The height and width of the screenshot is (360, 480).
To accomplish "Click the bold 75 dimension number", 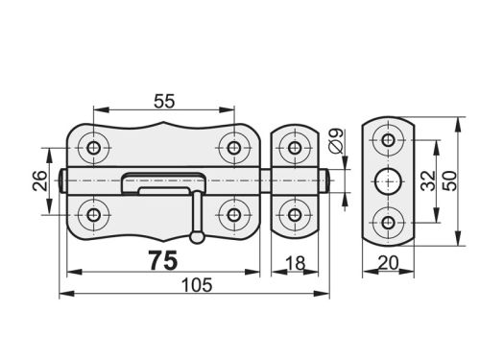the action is coord(163,260).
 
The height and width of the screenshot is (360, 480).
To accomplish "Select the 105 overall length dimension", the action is coord(197,285).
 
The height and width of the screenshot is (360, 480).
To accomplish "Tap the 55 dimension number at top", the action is coord(164,101).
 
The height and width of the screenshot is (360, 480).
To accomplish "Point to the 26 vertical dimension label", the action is coord(40,180).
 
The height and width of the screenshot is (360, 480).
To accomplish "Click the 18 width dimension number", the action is coord(295,263).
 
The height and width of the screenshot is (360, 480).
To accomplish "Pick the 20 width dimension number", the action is coord(388,263).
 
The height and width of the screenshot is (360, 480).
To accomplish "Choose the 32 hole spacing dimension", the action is coord(428,180).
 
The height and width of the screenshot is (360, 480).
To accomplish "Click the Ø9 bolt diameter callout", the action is coord(336,140).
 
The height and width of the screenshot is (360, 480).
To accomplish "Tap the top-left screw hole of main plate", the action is coord(94,148).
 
